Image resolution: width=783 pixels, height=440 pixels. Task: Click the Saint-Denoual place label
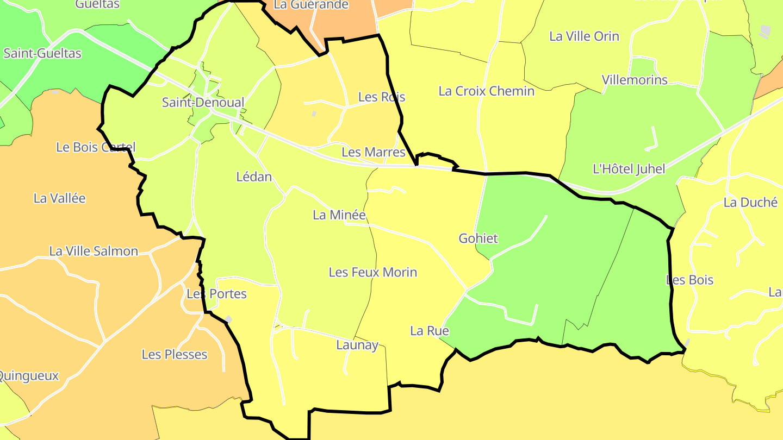coord(203,103)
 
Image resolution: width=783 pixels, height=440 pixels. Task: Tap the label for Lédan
coord(254,177)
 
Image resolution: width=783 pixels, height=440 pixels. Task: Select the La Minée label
coord(339,215)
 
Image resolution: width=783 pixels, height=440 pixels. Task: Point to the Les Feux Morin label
coord(373,272)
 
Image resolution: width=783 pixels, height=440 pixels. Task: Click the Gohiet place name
coord(478,238)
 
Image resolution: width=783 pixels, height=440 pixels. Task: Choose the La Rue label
coord(430,331)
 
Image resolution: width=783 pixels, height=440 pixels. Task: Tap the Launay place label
coord(357,345)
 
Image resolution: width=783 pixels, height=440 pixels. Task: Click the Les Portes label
coord(216,294)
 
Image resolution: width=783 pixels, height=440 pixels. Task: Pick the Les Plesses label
coord(175,355)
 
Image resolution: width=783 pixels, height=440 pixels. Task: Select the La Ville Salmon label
coord(94,251)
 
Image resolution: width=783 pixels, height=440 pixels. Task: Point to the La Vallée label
coord(60,198)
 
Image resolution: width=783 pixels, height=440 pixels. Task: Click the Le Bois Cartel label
coord(96,147)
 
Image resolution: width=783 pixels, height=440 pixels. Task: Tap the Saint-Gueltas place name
coord(42,53)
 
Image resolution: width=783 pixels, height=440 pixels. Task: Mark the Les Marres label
coord(374,152)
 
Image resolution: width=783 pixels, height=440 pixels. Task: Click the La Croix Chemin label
coord(487,91)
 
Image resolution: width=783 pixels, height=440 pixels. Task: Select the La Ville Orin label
coord(585,36)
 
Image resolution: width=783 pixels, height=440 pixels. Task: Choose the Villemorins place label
coord(635,80)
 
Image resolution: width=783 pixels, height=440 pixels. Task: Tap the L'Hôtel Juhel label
coord(629,169)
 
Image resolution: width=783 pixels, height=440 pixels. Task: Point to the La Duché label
coord(750,203)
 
